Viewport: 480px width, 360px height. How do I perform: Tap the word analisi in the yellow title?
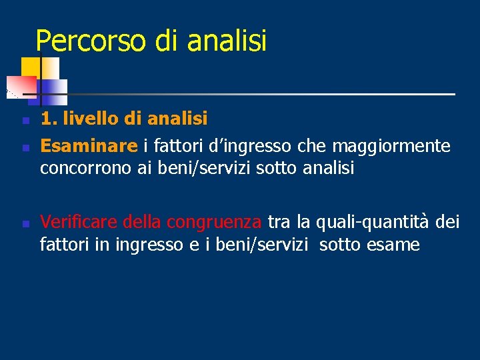click(x=227, y=41)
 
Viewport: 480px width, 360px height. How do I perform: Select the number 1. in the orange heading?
click(x=47, y=119)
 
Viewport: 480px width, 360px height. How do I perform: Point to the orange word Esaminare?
click(x=89, y=145)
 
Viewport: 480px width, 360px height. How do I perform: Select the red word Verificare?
click(x=79, y=221)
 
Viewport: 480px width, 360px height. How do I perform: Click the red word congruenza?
click(x=214, y=221)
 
